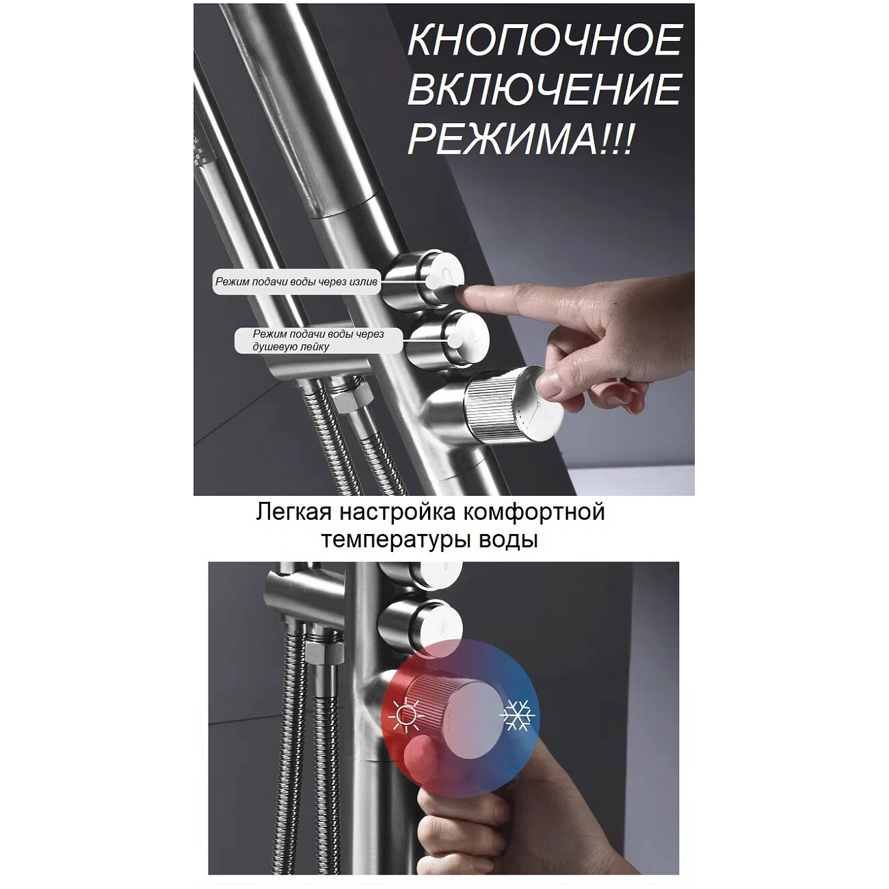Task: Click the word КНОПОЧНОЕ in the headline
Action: (545, 41)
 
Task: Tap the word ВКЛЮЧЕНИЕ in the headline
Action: (545, 90)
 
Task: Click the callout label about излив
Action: (297, 281)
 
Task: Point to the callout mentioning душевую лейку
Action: (319, 340)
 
